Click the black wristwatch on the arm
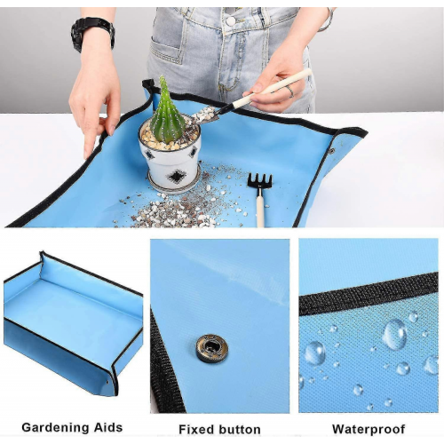pos(92,34)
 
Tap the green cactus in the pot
pos(167,113)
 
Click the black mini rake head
pos(259,181)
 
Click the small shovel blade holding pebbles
pos(205,116)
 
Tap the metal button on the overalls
pos(231,21)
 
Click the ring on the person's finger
pos(290,91)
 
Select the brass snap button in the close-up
pos(211,348)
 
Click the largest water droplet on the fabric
pos(394,335)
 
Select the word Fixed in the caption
pos(196,429)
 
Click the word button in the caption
pos(240,430)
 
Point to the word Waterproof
pos(369,429)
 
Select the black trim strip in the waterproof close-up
pos(369,293)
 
